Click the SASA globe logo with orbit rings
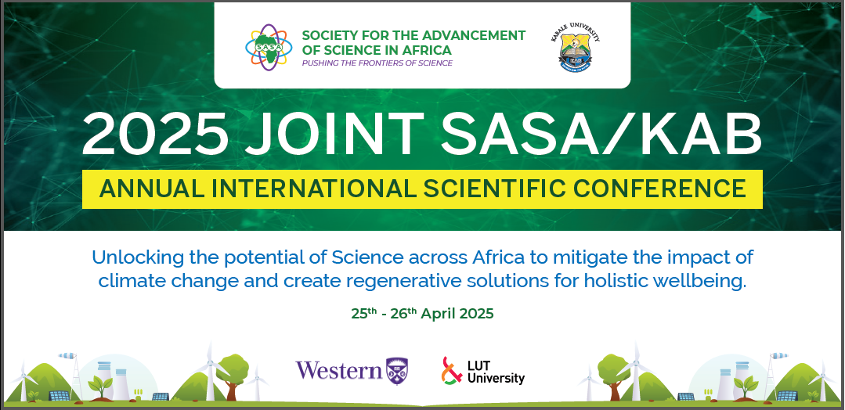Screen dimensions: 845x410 [x=269, y=48]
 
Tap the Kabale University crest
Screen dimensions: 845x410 [x=579, y=49]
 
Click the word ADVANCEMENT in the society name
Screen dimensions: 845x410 [x=475, y=35]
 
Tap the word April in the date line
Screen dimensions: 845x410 [x=437, y=314]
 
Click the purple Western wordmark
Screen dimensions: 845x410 [x=339, y=370]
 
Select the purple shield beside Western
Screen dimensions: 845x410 [x=397, y=371]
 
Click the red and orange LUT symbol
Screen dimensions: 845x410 [x=452, y=371]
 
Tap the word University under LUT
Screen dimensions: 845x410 [x=496, y=378]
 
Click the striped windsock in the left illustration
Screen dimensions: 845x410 [x=67, y=355]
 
